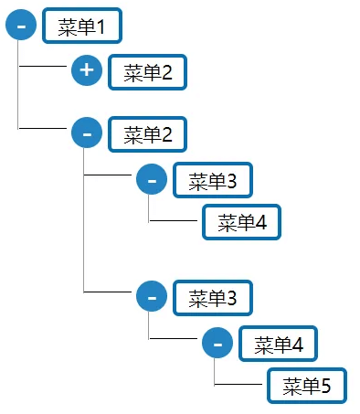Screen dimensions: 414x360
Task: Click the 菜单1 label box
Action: coord(81,27)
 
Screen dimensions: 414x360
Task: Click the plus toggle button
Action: coord(86,70)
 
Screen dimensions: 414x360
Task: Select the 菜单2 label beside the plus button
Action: coord(147,72)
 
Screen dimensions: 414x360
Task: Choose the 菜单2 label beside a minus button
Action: coord(147,135)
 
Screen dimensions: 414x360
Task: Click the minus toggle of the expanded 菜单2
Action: coord(86,133)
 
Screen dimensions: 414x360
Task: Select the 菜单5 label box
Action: coord(306,387)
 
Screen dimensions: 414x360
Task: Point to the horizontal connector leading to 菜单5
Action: coord(239,386)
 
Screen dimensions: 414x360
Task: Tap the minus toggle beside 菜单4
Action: coord(217,344)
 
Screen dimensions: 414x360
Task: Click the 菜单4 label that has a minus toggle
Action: coord(278,345)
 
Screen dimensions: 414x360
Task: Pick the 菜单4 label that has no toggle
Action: coord(241,222)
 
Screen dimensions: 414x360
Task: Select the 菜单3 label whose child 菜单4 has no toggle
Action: coord(212,181)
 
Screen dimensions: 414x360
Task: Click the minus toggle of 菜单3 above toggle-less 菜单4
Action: coord(152,180)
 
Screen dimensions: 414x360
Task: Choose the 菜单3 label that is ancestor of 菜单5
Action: coord(212,297)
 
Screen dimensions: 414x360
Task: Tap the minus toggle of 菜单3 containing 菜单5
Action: coord(152,296)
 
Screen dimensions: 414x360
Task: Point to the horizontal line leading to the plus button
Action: coord(44,67)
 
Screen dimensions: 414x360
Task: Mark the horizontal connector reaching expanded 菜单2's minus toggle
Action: coord(44,129)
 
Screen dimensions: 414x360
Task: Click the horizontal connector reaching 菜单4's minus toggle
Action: coord(175,339)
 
